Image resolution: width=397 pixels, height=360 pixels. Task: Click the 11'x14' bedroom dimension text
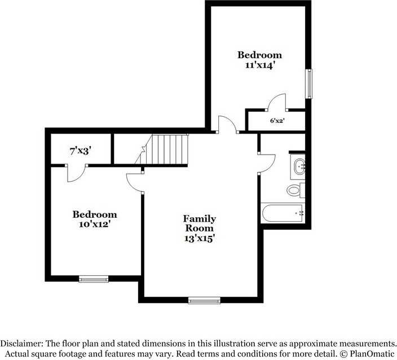(x=259, y=65)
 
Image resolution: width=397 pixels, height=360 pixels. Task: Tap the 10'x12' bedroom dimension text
(x=95, y=224)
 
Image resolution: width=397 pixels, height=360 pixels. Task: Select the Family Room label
(x=200, y=223)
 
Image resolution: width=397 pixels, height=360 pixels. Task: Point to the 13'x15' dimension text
(x=200, y=238)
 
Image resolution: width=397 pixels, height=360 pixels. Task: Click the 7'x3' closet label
(x=81, y=151)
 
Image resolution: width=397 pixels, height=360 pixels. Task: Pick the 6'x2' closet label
(x=277, y=120)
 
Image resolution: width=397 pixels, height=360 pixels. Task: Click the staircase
(x=167, y=150)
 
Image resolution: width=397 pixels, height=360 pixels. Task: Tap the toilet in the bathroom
(x=294, y=190)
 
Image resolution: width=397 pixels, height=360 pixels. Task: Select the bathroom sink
(x=298, y=166)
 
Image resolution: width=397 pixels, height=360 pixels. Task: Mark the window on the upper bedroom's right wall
(x=308, y=84)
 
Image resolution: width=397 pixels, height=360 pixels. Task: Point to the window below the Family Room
(x=204, y=300)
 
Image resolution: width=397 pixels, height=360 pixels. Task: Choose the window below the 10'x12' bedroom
(x=94, y=279)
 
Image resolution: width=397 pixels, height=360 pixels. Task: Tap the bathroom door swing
(x=266, y=163)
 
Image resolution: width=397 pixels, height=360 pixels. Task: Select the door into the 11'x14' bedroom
(x=227, y=124)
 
